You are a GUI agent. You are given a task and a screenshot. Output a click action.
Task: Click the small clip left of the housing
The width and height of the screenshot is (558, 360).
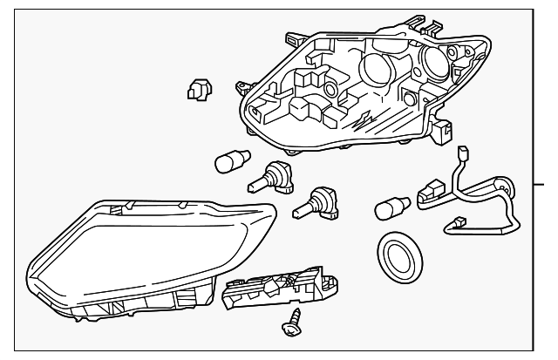click(199, 89)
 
